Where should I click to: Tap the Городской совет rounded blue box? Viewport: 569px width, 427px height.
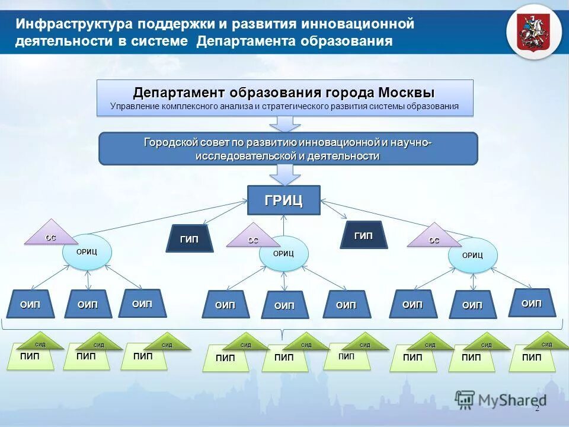click(x=287, y=148)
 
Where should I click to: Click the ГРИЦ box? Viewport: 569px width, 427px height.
click(x=283, y=200)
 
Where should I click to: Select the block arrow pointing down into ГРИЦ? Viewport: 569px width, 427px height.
click(x=284, y=174)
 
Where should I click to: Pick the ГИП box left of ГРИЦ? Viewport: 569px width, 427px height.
click(x=190, y=239)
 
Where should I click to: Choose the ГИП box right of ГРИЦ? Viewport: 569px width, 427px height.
click(x=363, y=236)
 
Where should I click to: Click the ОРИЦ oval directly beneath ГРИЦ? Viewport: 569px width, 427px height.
click(x=284, y=254)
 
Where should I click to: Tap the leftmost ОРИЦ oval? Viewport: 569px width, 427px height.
click(x=87, y=252)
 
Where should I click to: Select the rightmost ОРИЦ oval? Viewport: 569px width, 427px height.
click(x=472, y=256)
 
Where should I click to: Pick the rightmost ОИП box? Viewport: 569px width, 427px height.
click(x=531, y=303)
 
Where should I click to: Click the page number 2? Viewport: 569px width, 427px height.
click(x=537, y=409)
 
